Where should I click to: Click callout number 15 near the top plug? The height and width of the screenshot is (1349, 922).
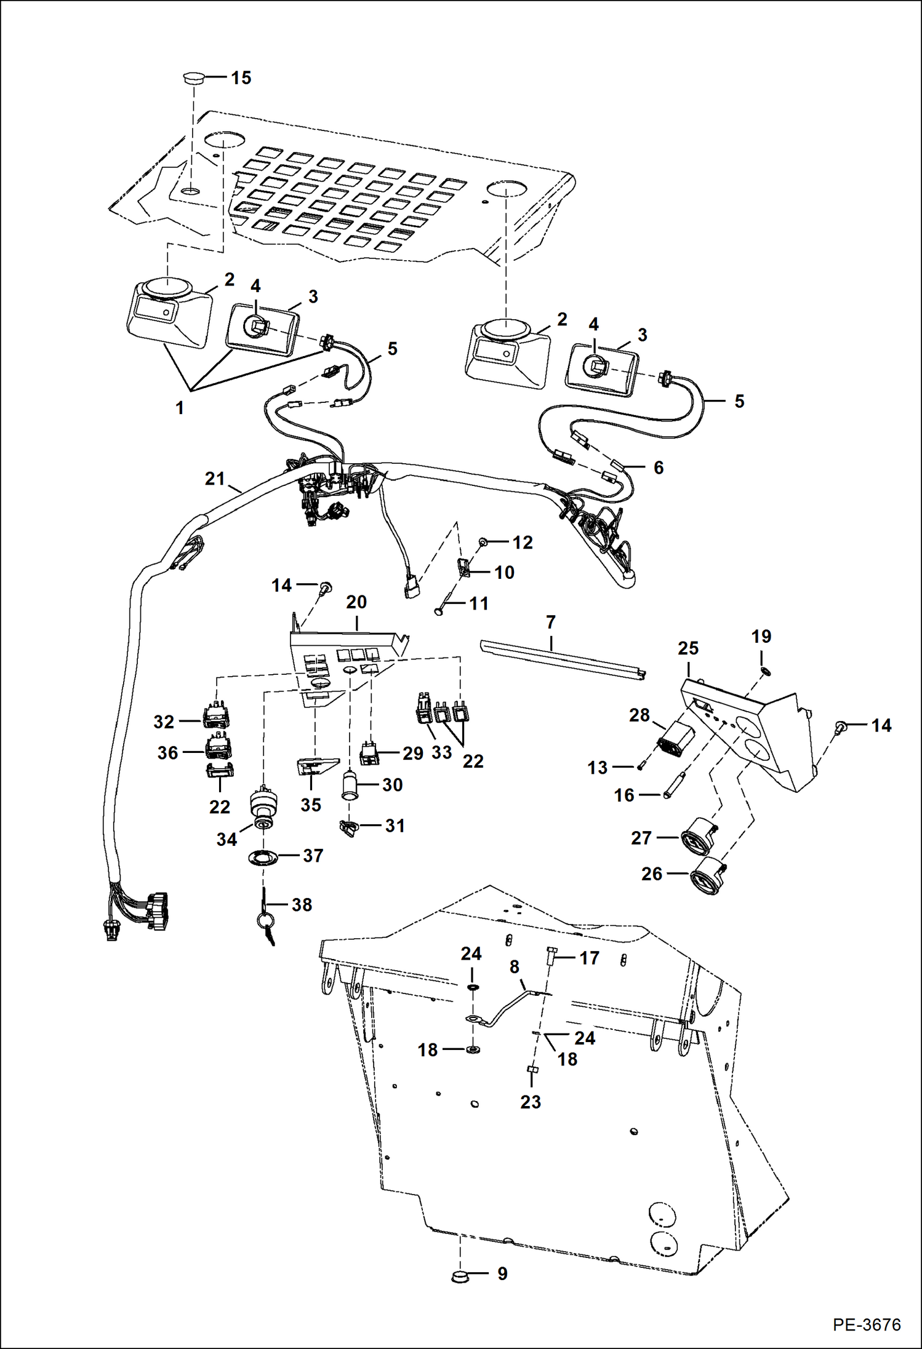[x=241, y=78]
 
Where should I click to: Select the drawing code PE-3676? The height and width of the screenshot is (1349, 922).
[x=867, y=1324]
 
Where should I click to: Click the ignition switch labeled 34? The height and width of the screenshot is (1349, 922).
[x=263, y=808]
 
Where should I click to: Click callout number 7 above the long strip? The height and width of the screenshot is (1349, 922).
[x=550, y=622]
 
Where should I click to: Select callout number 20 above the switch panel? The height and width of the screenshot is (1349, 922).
[x=356, y=602]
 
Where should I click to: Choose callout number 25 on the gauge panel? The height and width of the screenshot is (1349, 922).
[x=688, y=648]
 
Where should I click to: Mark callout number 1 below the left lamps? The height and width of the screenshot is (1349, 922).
[x=180, y=408]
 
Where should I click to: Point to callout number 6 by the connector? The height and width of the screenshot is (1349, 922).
[x=658, y=468]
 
